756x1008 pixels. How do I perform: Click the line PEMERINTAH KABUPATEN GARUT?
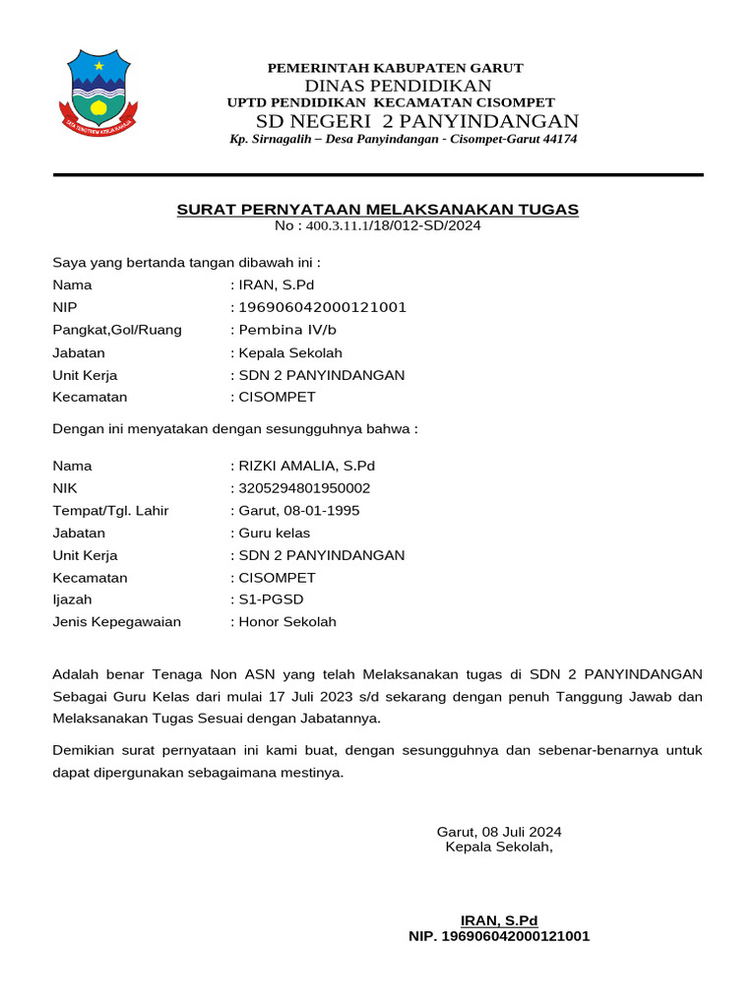coord(396,68)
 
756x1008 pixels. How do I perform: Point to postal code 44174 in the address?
coord(560,139)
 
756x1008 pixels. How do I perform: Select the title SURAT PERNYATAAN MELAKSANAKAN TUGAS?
coord(378,210)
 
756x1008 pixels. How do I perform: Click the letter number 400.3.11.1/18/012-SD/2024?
coord(393,225)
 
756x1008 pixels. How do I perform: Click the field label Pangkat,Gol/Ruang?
coord(117,330)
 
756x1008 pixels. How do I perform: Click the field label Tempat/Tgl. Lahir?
coord(110,511)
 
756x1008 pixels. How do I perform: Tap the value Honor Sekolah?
coord(286,622)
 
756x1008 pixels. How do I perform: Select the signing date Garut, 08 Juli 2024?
coord(499,832)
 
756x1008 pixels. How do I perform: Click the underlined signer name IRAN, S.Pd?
coord(499,920)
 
